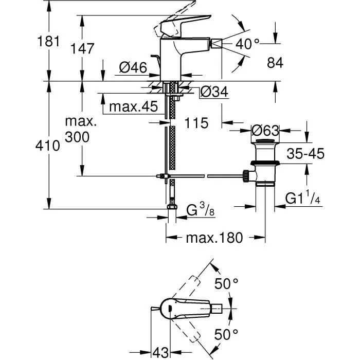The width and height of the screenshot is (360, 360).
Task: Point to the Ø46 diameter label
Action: (x=133, y=67)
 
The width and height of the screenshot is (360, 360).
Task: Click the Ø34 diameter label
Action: (x=212, y=92)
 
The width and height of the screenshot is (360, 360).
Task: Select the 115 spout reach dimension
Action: (x=197, y=123)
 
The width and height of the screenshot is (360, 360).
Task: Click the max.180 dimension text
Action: (x=213, y=238)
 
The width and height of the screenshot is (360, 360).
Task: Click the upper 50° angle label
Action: (x=226, y=283)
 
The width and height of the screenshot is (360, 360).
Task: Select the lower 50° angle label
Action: (x=226, y=334)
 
